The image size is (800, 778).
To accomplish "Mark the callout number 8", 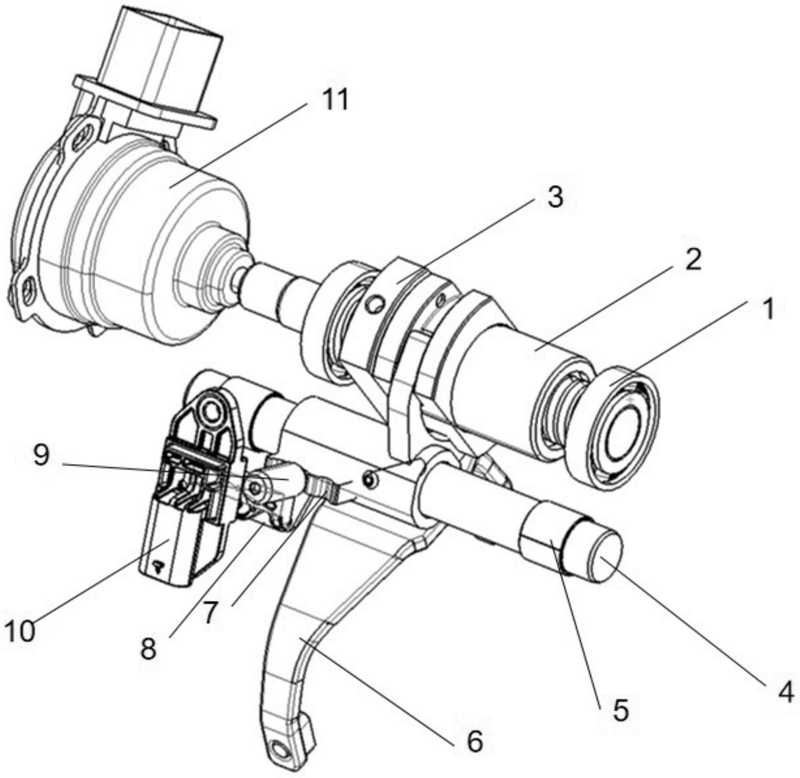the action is (148, 647).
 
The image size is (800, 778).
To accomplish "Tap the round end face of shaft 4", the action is (606, 556).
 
